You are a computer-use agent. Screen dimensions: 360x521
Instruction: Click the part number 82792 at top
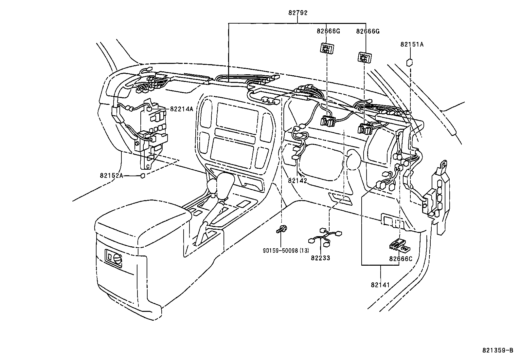click(298, 13)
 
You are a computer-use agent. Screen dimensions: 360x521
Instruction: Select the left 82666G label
click(328, 31)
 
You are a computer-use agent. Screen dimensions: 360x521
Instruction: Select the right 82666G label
click(368, 31)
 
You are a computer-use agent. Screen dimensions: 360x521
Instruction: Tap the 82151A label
click(411, 44)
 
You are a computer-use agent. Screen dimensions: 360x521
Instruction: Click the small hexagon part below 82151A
click(409, 62)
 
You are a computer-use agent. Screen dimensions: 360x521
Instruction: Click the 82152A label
click(112, 176)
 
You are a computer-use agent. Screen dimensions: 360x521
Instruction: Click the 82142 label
click(297, 180)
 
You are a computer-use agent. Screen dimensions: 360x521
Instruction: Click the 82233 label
click(320, 258)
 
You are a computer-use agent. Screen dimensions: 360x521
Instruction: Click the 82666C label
click(401, 259)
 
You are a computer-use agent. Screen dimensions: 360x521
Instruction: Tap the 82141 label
click(380, 285)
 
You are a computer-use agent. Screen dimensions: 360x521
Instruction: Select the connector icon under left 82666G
click(326, 49)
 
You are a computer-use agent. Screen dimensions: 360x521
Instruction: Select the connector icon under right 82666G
click(364, 58)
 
